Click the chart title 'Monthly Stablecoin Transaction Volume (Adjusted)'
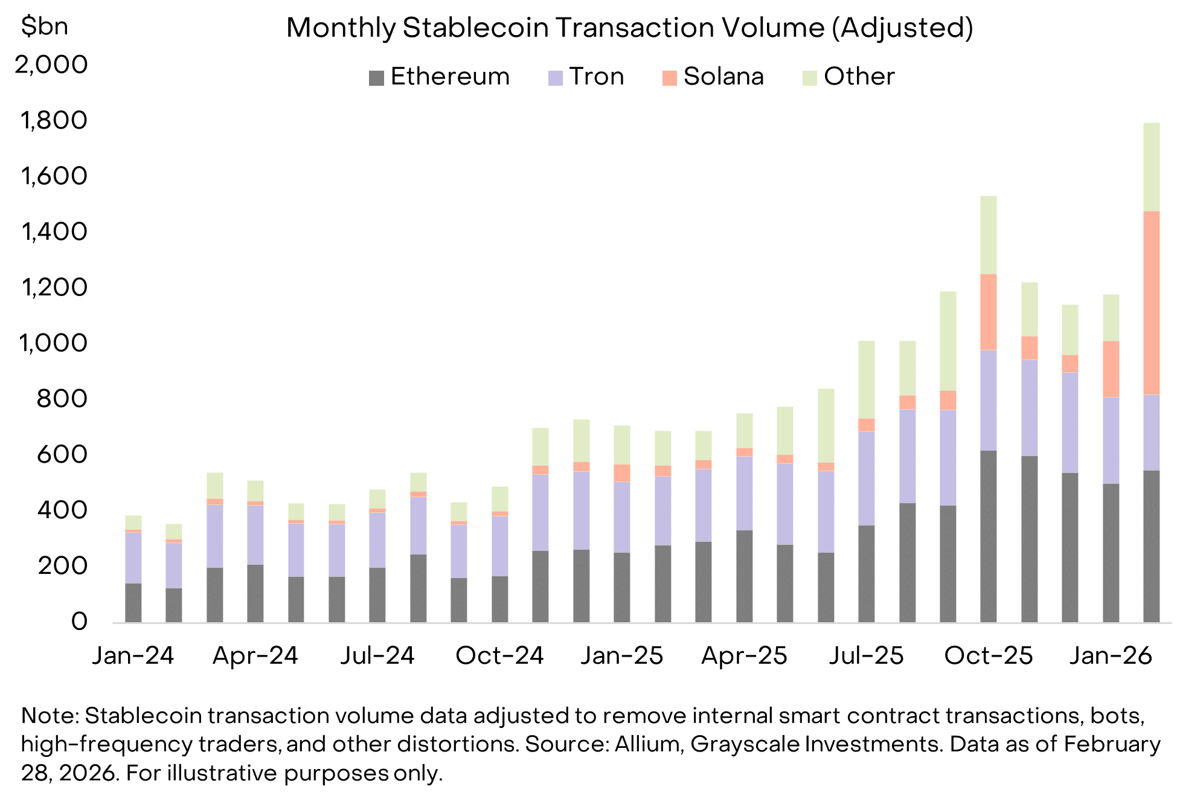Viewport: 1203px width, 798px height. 629,28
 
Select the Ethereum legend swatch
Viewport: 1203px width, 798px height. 376,78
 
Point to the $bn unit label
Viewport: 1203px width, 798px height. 44,27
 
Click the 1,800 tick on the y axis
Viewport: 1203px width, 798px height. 54,120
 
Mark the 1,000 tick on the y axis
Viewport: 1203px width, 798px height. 54,343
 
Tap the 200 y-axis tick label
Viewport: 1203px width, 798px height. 62,566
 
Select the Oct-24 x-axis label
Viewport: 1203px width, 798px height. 499,655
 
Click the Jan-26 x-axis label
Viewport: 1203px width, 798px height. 1111,655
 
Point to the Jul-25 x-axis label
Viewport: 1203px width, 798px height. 866,655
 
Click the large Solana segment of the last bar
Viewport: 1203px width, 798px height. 1151,302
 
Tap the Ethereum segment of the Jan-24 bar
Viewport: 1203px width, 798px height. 133,602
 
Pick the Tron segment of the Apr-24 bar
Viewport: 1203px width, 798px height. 255,535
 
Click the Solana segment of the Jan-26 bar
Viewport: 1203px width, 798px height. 1111,368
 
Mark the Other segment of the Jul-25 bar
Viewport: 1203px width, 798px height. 866,379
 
